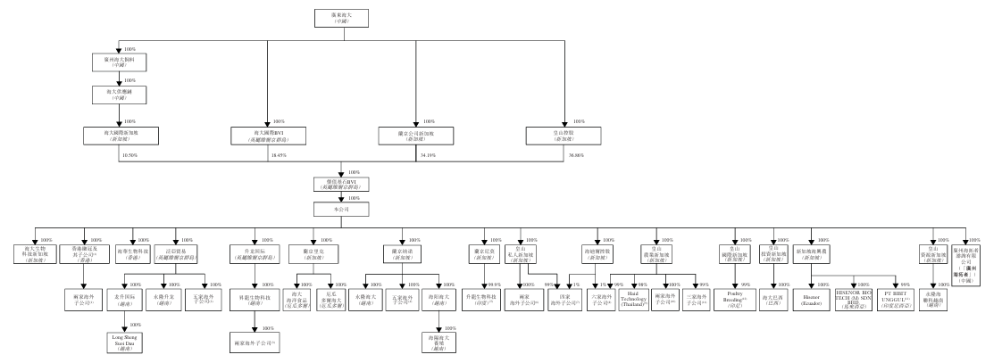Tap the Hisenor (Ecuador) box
(x=812, y=294)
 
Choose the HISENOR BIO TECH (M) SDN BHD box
(x=863, y=294)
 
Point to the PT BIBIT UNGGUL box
(x=915, y=294)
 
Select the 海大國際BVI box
(x=269, y=135)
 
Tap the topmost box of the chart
(x=342, y=18)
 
